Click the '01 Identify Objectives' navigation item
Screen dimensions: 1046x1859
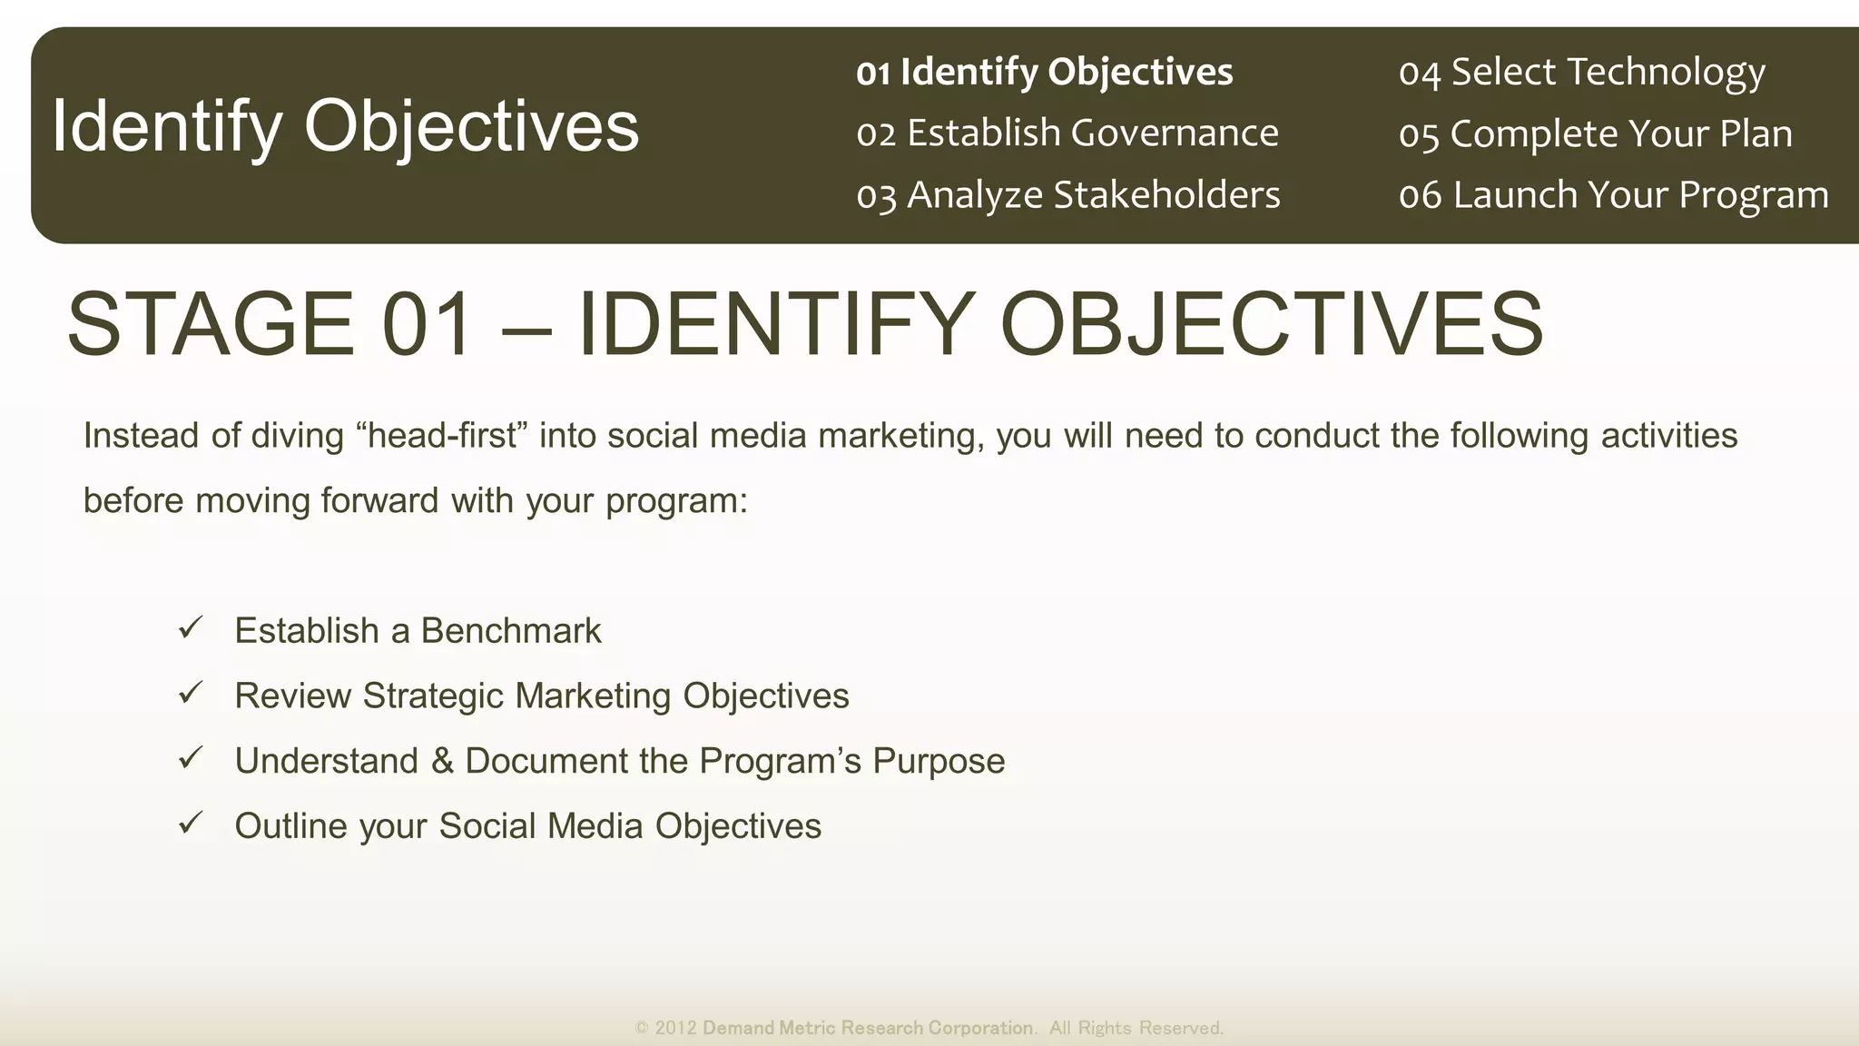coord(1044,73)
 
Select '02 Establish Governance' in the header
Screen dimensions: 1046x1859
coord(1067,133)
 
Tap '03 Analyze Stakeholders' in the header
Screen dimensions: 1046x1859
coord(1067,195)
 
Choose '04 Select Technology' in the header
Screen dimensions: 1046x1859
coord(1581,73)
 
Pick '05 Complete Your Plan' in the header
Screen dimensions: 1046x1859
coord(1595,134)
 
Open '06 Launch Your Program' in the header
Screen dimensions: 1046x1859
coord(1613,195)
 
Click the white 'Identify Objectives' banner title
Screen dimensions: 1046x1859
coord(345,126)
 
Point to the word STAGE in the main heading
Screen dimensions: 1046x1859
coord(211,324)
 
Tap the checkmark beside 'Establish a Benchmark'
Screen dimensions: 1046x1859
coord(191,627)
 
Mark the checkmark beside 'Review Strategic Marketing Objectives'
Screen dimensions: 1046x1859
coord(191,693)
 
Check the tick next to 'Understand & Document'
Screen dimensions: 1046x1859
coord(191,758)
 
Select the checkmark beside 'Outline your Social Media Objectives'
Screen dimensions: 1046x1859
coord(191,824)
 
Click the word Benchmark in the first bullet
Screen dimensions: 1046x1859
coord(510,631)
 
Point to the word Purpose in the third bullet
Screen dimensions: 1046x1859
coord(939,761)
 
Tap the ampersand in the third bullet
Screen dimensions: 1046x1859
coord(442,761)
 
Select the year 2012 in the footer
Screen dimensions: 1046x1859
coord(675,1028)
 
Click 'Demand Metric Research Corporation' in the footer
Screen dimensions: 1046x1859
coord(868,1028)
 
